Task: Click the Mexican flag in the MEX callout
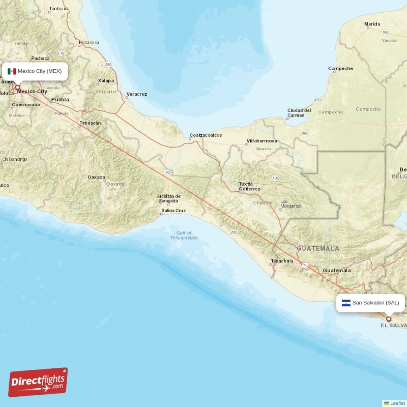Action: (12, 71)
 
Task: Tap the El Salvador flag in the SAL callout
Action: (346, 303)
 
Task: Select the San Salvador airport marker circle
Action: (389, 319)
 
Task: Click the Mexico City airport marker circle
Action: (17, 88)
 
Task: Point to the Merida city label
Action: (372, 24)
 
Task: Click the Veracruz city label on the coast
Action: (136, 94)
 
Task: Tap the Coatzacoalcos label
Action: (206, 135)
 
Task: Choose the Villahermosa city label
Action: (261, 141)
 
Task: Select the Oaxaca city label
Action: (96, 177)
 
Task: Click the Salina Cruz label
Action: (173, 211)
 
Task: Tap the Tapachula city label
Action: (282, 261)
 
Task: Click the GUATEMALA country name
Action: (318, 248)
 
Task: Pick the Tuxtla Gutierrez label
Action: (249, 187)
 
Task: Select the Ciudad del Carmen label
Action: (299, 112)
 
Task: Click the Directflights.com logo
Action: (38, 382)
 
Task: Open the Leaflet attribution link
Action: (398, 403)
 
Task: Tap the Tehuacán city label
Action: (90, 123)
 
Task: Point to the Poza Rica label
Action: (89, 42)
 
